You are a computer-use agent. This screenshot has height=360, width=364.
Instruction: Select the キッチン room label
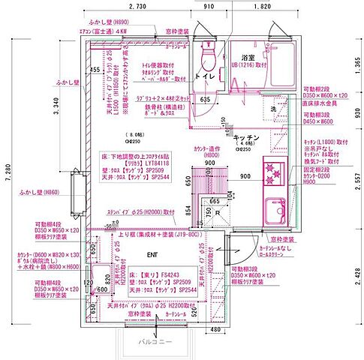[x=246, y=138]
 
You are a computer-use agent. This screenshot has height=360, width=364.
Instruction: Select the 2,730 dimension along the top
[x=137, y=7]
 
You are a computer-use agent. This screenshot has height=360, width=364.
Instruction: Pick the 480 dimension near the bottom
[x=215, y=328]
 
